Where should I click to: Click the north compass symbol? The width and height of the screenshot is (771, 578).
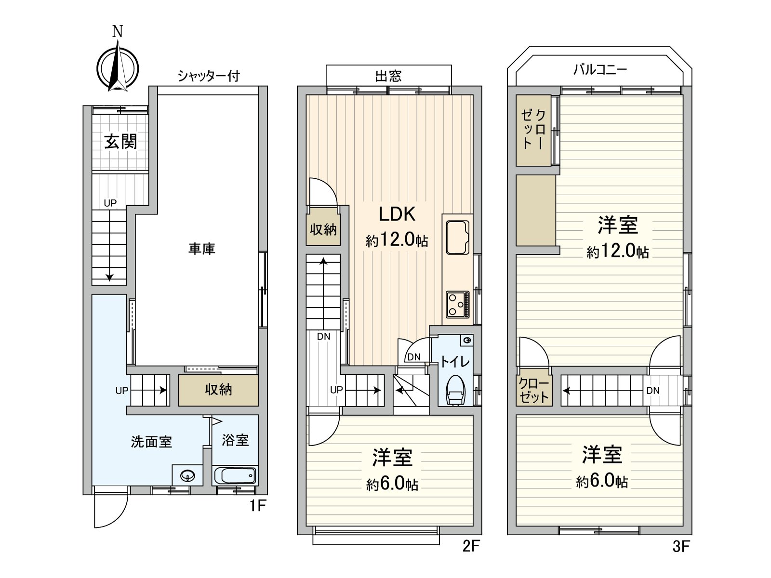click(118, 67)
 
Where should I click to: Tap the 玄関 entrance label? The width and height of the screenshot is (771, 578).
click(121, 142)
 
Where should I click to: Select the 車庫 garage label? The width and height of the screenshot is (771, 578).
click(201, 249)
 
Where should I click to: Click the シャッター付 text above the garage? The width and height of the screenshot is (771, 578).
click(208, 76)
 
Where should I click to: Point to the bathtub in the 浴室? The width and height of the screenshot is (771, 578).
click(235, 476)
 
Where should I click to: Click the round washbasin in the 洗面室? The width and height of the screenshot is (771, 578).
click(187, 476)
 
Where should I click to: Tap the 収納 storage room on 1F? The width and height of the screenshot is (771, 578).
click(218, 390)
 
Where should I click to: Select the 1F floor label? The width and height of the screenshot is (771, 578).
click(257, 506)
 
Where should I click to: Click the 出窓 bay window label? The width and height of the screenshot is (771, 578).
click(388, 76)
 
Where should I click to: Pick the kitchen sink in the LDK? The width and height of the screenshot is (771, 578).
click(457, 237)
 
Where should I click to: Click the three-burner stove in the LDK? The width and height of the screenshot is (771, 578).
click(457, 304)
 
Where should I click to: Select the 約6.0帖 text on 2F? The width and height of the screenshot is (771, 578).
click(392, 484)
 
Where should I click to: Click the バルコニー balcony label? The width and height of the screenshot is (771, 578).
click(600, 70)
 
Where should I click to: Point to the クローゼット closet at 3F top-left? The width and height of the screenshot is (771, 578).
click(533, 129)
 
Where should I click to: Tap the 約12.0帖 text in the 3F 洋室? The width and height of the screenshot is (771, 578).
click(617, 251)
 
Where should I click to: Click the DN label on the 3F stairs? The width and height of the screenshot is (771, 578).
click(653, 391)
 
